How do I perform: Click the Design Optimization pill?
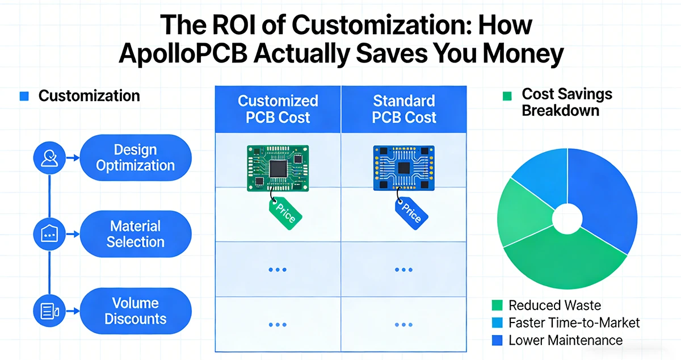tap(135, 158)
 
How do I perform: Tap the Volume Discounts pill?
tap(135, 311)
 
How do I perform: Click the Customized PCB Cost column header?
tap(278, 109)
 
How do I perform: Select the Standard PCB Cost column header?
tap(404, 109)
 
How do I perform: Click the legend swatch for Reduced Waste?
tap(499, 305)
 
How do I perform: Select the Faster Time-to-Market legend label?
tap(574, 323)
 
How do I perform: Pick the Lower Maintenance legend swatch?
tap(499, 341)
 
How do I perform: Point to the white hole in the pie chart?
tap(567, 219)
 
